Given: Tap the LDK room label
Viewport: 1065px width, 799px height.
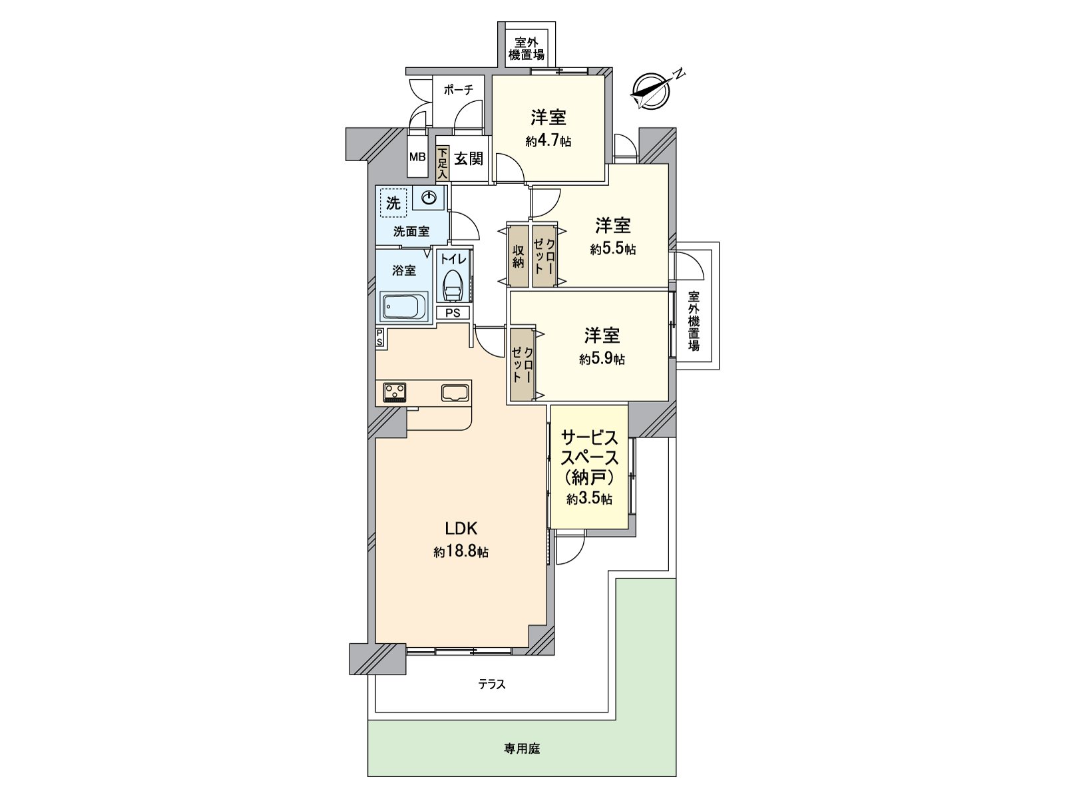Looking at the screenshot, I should point(461,529).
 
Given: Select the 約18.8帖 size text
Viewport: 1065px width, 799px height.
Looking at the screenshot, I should point(461,552).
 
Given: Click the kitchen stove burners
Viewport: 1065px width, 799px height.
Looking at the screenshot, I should point(395,392).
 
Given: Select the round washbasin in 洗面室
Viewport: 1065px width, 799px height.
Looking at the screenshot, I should point(429,197).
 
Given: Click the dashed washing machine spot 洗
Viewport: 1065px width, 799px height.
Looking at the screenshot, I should point(393,203).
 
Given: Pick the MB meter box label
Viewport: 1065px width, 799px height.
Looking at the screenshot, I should point(417,158).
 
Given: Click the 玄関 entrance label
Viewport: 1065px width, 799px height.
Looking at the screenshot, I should point(469,158).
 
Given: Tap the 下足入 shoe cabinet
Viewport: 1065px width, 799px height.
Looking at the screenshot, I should point(443,163).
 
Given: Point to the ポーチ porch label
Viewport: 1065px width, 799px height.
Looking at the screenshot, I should point(458,90).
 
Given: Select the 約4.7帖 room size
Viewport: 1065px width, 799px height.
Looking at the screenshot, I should point(548,141).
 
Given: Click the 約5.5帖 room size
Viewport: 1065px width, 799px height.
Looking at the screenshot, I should point(612,249).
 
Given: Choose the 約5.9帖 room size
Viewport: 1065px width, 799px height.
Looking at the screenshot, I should point(602,359).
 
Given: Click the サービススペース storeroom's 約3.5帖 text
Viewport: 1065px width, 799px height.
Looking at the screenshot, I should point(590,499).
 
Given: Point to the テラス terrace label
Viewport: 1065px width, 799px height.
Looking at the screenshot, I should point(492,684).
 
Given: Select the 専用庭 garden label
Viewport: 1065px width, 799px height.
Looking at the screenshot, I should point(522,749).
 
